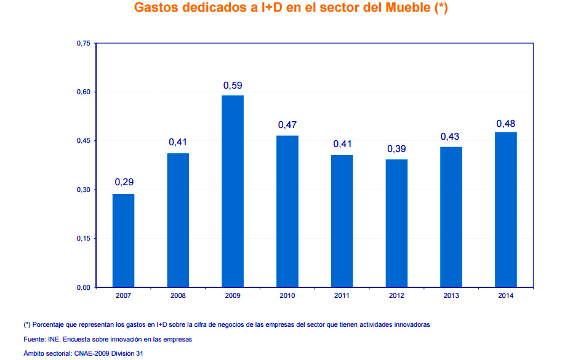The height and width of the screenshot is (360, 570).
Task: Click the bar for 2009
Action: [233, 191]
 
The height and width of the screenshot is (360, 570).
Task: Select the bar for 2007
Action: [123, 241]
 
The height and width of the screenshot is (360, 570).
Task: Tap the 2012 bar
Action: [396, 223]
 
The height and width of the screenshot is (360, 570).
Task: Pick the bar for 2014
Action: [506, 210]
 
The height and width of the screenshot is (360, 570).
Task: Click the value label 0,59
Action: [233, 85]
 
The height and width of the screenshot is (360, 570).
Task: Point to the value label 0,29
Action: [124, 182]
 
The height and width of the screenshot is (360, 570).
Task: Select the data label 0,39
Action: [396, 149]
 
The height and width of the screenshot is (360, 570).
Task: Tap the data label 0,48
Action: [506, 124]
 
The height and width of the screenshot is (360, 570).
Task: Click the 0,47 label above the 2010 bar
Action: [287, 125]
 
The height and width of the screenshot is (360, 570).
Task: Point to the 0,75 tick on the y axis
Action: [83, 44]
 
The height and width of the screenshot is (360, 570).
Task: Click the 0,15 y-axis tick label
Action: [83, 239]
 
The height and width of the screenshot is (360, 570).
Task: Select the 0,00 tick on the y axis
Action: [83, 287]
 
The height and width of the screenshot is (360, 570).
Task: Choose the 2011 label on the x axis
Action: [342, 296]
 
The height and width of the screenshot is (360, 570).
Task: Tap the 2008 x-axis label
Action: [178, 296]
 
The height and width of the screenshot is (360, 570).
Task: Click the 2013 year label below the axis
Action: [451, 296]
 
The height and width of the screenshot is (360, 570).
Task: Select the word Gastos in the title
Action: [158, 9]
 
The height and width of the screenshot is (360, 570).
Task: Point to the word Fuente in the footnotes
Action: [34, 339]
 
